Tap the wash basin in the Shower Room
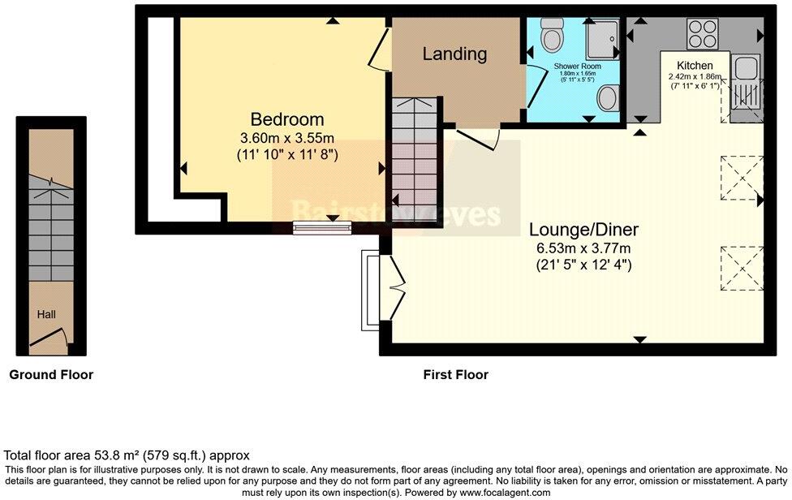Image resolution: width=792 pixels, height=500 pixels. tap(606, 99)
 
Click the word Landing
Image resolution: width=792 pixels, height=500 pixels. tap(454, 54)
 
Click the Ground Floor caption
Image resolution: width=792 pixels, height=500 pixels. tap(51, 375)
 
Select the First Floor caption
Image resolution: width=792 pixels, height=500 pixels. tap(455, 375)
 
